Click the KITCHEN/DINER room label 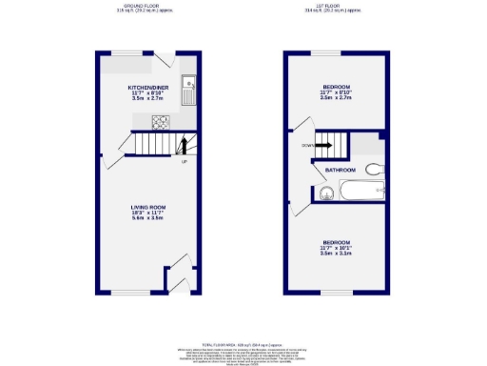tap(148, 87)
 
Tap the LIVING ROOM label tap(148, 207)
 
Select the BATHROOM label tap(340, 171)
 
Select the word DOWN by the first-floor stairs tap(306, 146)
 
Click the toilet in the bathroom tap(376, 169)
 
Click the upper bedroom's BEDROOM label tap(338, 87)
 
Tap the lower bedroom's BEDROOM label tap(337, 242)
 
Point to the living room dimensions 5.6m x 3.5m tap(148, 218)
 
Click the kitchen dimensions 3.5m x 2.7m tap(148, 98)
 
